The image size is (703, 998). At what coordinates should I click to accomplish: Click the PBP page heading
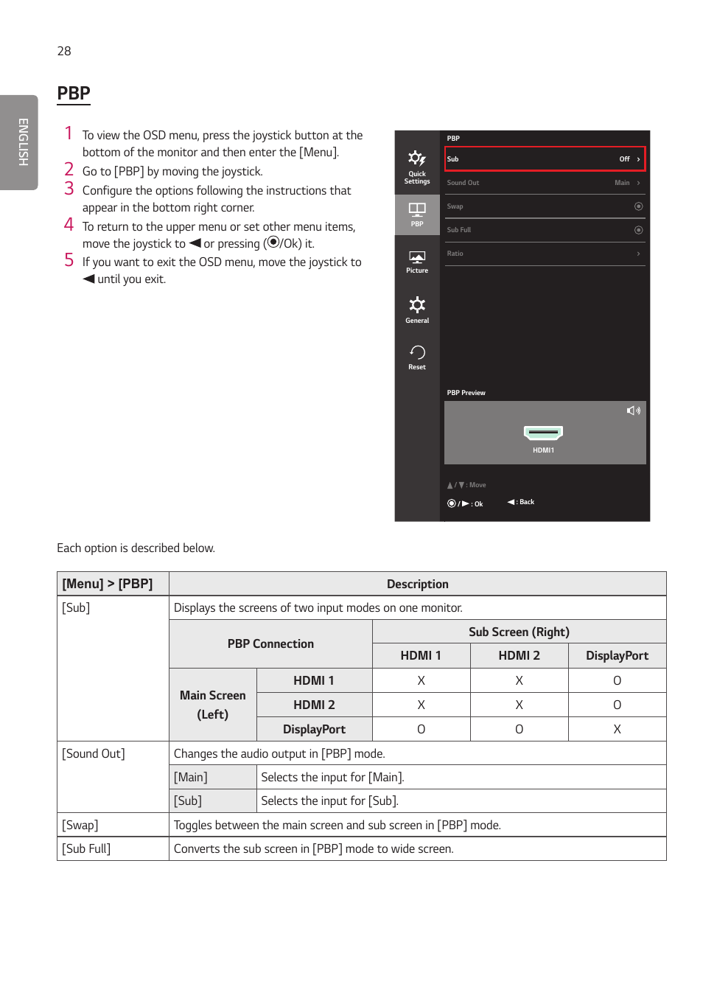pyautogui.click(x=74, y=94)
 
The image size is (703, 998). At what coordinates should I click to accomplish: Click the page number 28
pyautogui.click(x=64, y=51)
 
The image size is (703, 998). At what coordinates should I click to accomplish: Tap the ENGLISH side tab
pyautogui.click(x=22, y=142)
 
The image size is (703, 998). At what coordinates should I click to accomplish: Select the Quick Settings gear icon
pyautogui.click(x=416, y=158)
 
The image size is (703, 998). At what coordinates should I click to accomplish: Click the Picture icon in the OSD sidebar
pyautogui.click(x=417, y=258)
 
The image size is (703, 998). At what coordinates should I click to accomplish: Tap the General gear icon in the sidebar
pyautogui.click(x=417, y=305)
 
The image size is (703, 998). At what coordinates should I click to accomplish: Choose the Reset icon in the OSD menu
pyautogui.click(x=417, y=352)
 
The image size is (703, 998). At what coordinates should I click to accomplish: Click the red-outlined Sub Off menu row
pyautogui.click(x=544, y=159)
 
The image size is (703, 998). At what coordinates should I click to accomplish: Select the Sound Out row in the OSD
pyautogui.click(x=544, y=183)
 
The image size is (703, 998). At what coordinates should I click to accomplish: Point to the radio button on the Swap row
pyautogui.click(x=638, y=206)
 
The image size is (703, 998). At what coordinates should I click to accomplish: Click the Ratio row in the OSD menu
pyautogui.click(x=544, y=254)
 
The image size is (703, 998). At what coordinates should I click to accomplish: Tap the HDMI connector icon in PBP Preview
pyautogui.click(x=543, y=432)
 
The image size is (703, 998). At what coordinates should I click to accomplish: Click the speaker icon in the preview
pyautogui.click(x=633, y=411)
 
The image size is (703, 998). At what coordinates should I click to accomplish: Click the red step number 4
pyautogui.click(x=69, y=225)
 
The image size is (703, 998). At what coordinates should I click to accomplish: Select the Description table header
pyautogui.click(x=417, y=584)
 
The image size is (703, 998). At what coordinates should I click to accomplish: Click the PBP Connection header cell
pyautogui.click(x=270, y=643)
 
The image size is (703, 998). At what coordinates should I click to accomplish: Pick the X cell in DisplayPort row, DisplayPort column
pyautogui.click(x=617, y=729)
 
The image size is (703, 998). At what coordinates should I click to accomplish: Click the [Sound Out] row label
pyautogui.click(x=94, y=753)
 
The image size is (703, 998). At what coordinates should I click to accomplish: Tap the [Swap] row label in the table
pyautogui.click(x=80, y=825)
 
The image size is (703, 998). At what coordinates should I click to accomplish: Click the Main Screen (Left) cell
pyautogui.click(x=213, y=705)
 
